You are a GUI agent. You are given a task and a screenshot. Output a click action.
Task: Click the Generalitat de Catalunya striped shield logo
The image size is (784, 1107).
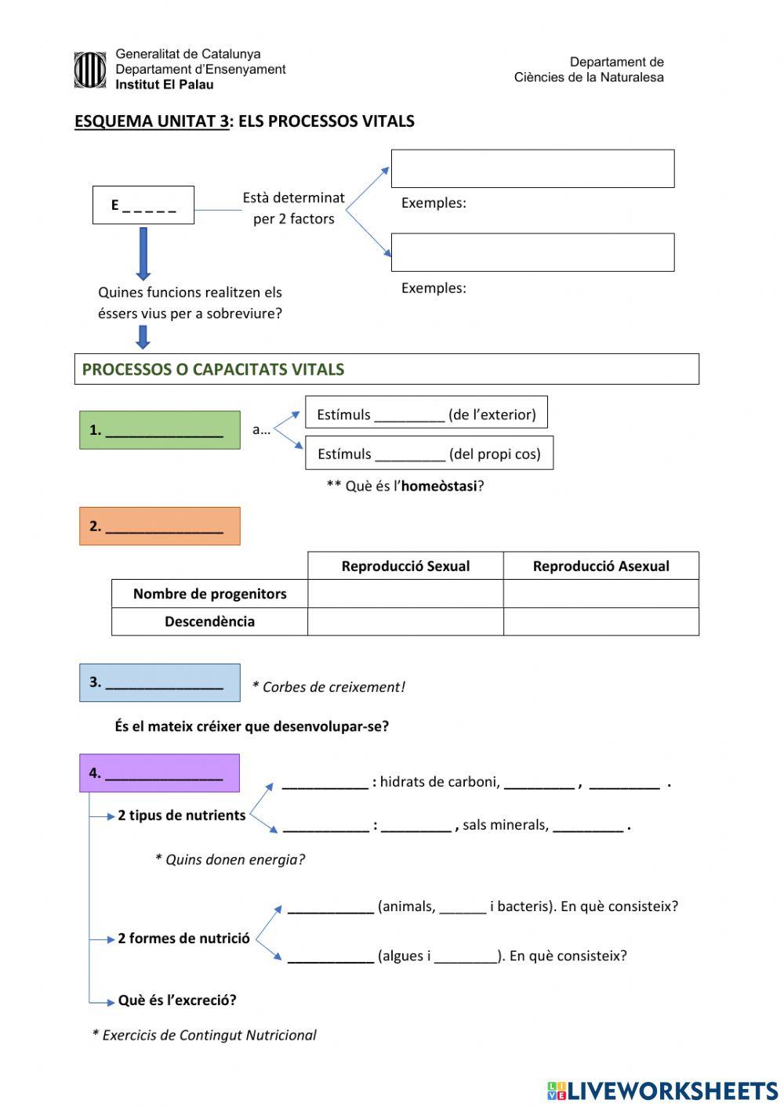click(90, 70)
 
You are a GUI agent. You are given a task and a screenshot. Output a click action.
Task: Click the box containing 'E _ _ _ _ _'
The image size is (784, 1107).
click(143, 205)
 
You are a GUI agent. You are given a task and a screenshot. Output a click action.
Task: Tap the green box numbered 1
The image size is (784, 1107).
click(160, 430)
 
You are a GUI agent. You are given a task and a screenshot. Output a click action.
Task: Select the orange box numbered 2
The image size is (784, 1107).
click(160, 526)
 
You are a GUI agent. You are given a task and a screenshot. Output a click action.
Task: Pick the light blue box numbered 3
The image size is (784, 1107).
click(160, 682)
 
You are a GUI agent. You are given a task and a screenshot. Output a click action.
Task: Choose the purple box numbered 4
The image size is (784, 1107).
click(160, 773)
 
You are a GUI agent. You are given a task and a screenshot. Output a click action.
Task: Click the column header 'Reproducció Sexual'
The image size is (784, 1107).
click(405, 566)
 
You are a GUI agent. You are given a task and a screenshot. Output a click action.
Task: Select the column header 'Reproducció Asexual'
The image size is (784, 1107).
click(601, 566)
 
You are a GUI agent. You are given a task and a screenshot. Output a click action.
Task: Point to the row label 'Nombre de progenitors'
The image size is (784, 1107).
click(209, 594)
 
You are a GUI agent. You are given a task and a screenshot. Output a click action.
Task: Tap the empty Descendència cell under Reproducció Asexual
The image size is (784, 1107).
click(601, 622)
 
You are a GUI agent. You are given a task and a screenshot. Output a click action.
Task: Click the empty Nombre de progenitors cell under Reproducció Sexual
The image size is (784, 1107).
click(405, 594)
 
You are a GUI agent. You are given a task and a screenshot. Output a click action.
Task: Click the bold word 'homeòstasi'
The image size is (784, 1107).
click(438, 487)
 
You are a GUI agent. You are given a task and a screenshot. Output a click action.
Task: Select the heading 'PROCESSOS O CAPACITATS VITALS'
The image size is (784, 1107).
click(213, 370)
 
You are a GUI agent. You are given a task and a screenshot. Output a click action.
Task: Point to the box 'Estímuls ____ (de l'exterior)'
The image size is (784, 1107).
click(426, 414)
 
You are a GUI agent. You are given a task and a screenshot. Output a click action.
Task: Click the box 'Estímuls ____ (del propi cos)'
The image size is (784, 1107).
click(429, 454)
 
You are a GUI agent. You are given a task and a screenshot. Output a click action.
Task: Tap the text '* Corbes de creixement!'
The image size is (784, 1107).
click(328, 687)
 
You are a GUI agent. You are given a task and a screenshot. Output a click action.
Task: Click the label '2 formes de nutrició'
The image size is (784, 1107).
click(183, 939)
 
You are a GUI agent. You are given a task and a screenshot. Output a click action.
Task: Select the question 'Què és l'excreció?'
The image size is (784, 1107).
click(177, 1000)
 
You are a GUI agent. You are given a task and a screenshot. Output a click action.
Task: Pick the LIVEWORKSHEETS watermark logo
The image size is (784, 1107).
click(662, 1091)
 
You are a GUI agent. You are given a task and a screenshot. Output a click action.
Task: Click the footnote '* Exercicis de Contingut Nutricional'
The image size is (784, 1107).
click(204, 1035)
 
